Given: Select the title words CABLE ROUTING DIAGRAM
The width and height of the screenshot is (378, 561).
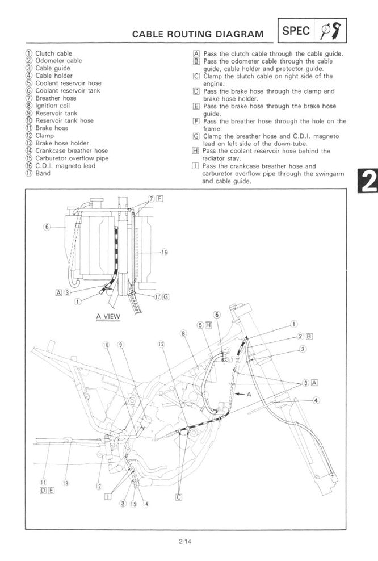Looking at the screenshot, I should click(x=198, y=34).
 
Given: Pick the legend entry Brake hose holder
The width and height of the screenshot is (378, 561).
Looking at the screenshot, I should click(x=62, y=143).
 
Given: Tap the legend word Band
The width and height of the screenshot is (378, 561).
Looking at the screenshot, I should click(x=43, y=173).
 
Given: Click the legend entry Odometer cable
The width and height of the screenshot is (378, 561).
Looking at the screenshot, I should click(x=58, y=61).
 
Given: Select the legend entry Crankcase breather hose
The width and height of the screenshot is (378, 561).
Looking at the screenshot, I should click(x=72, y=150).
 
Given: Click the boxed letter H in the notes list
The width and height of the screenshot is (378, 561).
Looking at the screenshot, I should click(x=195, y=151).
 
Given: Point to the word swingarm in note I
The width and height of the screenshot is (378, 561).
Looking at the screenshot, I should click(x=330, y=174).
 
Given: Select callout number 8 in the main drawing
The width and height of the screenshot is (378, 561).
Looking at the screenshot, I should click(x=184, y=333).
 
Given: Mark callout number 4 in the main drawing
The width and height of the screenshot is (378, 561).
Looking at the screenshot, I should click(x=316, y=400).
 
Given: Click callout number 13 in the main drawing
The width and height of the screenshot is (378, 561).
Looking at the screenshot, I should click(x=65, y=483).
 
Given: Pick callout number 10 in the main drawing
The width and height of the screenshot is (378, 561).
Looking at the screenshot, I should click(x=105, y=345).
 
